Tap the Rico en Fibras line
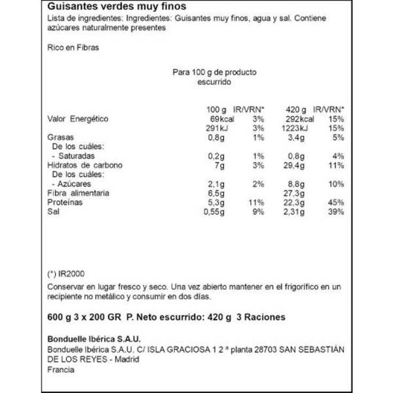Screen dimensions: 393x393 [x=74, y=48]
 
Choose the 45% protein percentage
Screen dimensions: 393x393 [x=336, y=203]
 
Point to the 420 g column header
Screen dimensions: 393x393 [x=295, y=109]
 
